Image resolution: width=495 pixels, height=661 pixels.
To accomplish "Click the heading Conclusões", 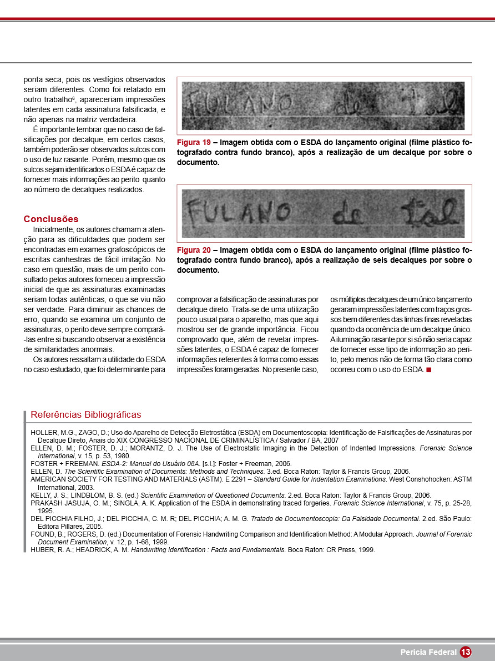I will [51, 219].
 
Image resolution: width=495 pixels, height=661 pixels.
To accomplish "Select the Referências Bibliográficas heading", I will [86, 414].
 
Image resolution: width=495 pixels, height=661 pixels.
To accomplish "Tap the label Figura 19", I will [193, 142].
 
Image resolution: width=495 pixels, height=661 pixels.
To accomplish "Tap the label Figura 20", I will [193, 250].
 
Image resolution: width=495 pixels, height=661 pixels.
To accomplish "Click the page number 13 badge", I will [465, 652].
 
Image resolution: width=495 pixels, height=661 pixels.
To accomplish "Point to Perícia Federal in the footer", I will [428, 652].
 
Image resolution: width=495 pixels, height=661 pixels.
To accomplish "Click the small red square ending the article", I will [428, 370].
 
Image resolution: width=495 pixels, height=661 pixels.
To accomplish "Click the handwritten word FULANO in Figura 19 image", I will [232, 104].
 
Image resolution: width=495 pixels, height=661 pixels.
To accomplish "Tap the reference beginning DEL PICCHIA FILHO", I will [65, 518].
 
